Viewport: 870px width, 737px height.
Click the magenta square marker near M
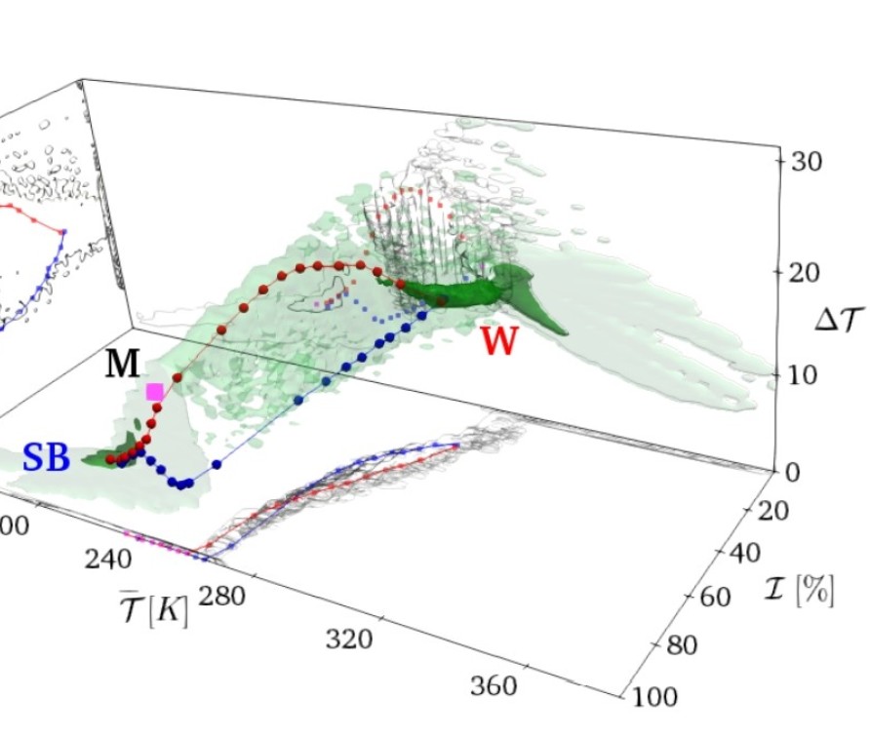[155, 392]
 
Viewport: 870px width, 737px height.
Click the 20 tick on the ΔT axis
[809, 274]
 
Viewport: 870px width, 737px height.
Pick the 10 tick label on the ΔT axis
[809, 375]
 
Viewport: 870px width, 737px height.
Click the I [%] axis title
[801, 589]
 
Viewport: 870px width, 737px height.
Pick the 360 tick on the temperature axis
[494, 685]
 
